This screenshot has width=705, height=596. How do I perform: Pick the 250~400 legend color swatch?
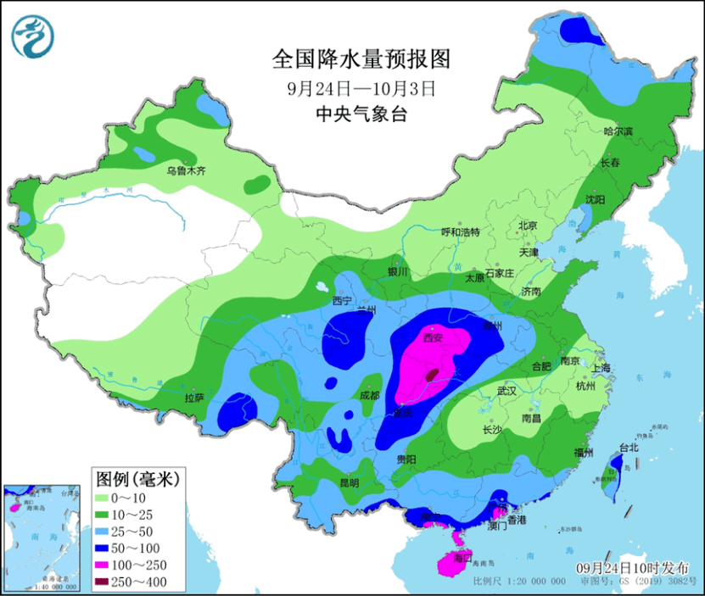click(x=105, y=582)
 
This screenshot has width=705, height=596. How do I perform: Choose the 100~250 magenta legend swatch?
click(x=105, y=565)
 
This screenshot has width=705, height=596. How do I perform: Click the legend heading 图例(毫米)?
click(x=132, y=479)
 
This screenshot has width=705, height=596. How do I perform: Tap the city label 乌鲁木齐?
click(x=185, y=170)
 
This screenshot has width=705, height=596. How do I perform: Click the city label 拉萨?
click(x=194, y=397)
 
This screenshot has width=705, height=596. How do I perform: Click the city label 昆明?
click(x=349, y=482)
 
